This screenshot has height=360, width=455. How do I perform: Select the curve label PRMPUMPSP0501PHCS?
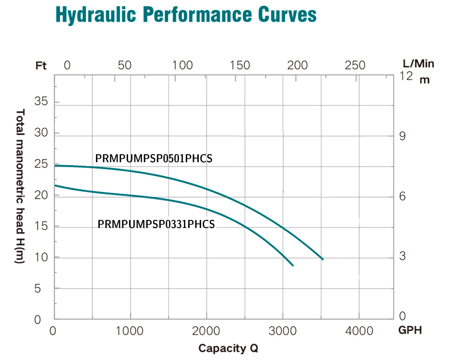click(154, 158)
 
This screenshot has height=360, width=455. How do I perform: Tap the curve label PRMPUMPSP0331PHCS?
click(156, 224)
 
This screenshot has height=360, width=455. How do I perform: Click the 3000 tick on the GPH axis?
click(283, 331)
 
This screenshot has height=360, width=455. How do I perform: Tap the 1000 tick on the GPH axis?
click(130, 331)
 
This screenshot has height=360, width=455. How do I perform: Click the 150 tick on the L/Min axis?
click(240, 65)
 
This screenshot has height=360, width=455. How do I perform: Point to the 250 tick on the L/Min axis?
click(355, 65)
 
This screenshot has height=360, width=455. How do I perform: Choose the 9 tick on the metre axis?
click(403, 136)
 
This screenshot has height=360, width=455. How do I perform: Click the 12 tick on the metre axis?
click(406, 76)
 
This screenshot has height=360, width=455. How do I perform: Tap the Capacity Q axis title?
click(228, 348)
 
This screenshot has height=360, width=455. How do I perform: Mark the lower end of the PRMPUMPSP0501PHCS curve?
click(323, 259)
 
